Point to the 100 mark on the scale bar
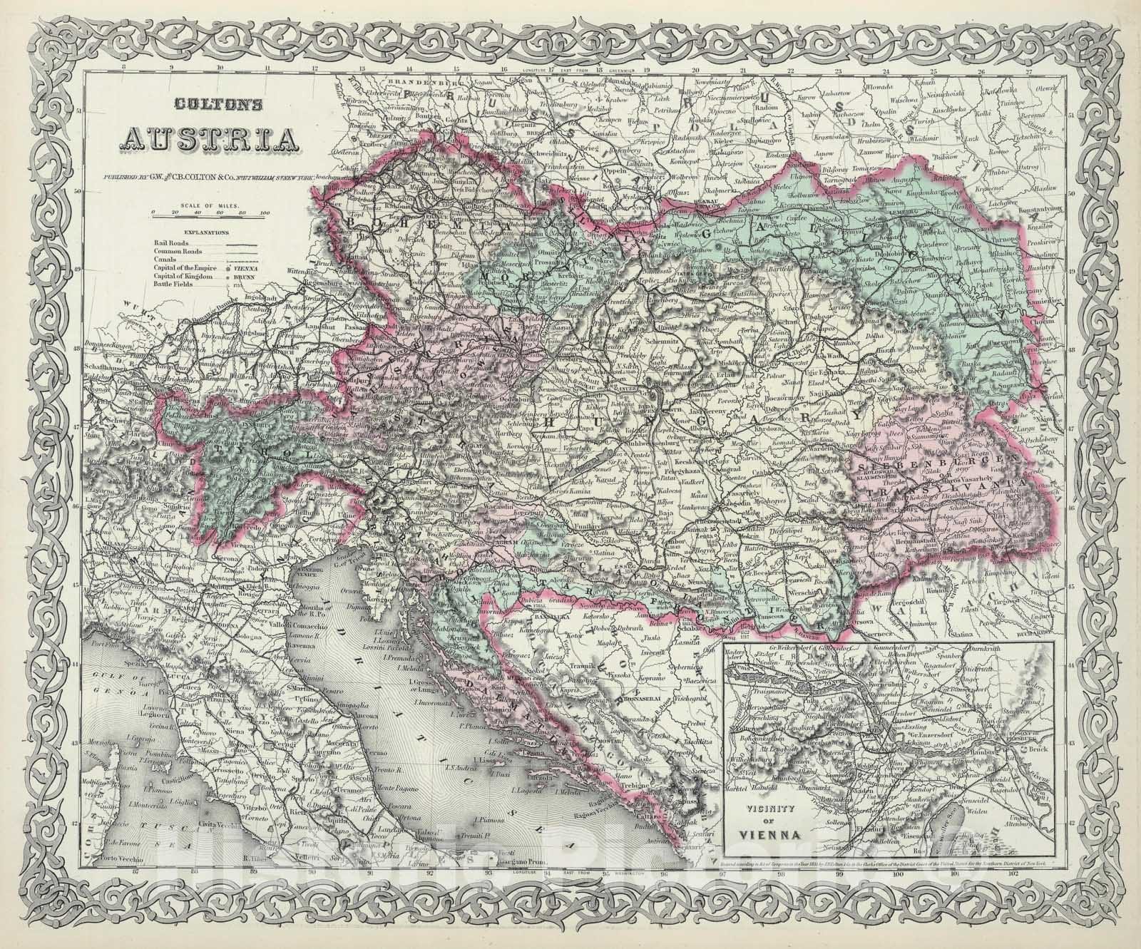click(x=265, y=213)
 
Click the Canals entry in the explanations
click(x=165, y=259)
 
